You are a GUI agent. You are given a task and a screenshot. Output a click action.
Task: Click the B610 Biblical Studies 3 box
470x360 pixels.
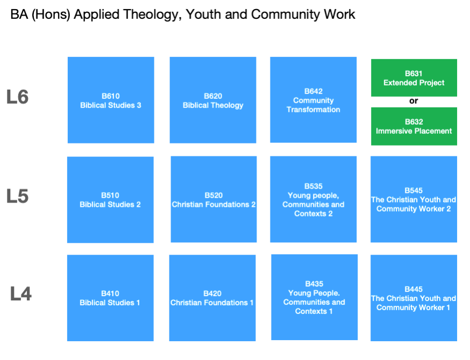[x=111, y=100]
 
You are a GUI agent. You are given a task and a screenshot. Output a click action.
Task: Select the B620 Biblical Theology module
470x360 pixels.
[x=213, y=100]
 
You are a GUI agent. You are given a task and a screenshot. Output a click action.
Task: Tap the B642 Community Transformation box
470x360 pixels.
[x=313, y=100]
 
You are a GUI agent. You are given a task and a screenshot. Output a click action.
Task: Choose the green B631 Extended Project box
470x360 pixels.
[x=414, y=78]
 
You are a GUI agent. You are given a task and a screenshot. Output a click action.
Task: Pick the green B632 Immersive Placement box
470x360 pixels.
[x=414, y=126]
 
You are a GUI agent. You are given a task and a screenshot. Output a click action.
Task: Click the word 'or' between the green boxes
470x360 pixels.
[x=414, y=101]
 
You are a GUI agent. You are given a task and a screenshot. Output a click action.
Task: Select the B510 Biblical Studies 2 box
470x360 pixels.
[x=110, y=200]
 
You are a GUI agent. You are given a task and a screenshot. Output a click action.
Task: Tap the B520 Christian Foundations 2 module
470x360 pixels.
[x=213, y=199]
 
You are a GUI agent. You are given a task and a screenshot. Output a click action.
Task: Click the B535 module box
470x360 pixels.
[x=313, y=199]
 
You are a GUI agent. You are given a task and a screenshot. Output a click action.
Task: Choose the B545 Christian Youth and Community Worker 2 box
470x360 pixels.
[x=414, y=199]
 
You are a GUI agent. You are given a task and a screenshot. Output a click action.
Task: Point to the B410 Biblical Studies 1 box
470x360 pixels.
[x=110, y=298]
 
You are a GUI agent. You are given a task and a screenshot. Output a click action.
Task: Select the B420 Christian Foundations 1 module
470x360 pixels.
[x=212, y=298]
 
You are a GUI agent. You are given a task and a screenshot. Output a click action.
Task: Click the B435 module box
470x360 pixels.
[x=315, y=297]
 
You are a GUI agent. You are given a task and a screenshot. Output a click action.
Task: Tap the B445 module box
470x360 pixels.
[x=414, y=298]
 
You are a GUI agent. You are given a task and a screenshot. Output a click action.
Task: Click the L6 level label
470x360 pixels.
[x=17, y=97]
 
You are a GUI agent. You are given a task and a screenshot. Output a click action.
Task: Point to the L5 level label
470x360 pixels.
[x=17, y=196]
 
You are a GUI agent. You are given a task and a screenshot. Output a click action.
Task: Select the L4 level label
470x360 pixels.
[x=20, y=293]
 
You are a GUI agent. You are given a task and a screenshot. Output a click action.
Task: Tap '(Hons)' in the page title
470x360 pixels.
[x=51, y=15]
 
